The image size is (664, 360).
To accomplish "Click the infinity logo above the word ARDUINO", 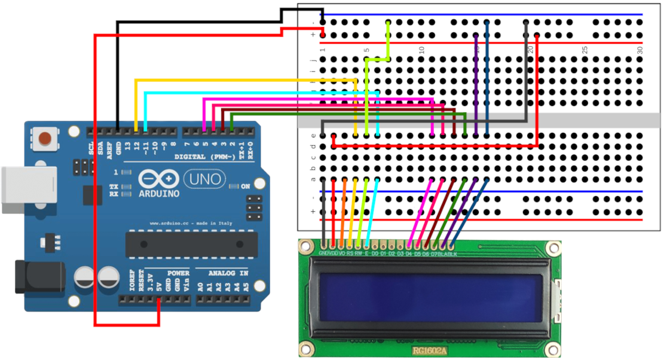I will (159, 179).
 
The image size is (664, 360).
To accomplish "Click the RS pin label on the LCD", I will (350, 253).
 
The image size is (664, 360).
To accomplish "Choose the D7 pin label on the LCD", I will (434, 253).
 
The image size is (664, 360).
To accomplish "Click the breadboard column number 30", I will (639, 50).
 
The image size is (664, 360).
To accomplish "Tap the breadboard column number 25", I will (585, 50).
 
